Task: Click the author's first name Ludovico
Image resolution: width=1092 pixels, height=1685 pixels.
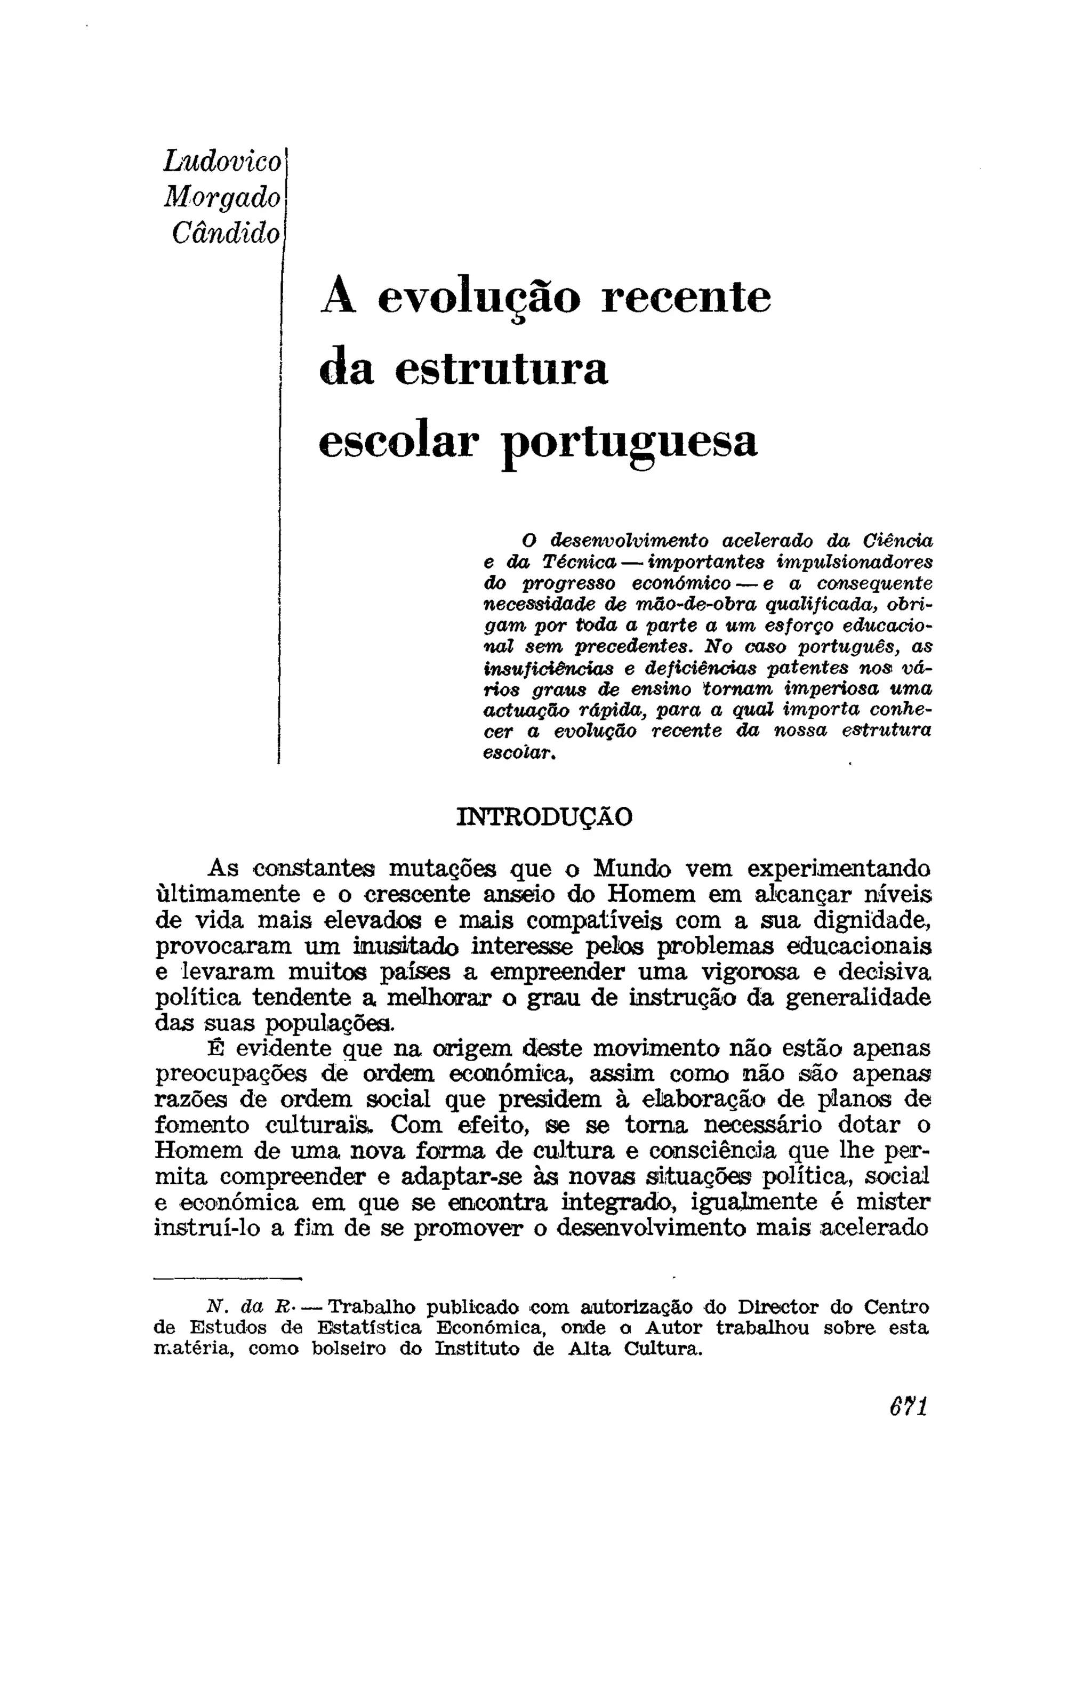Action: [x=222, y=162]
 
